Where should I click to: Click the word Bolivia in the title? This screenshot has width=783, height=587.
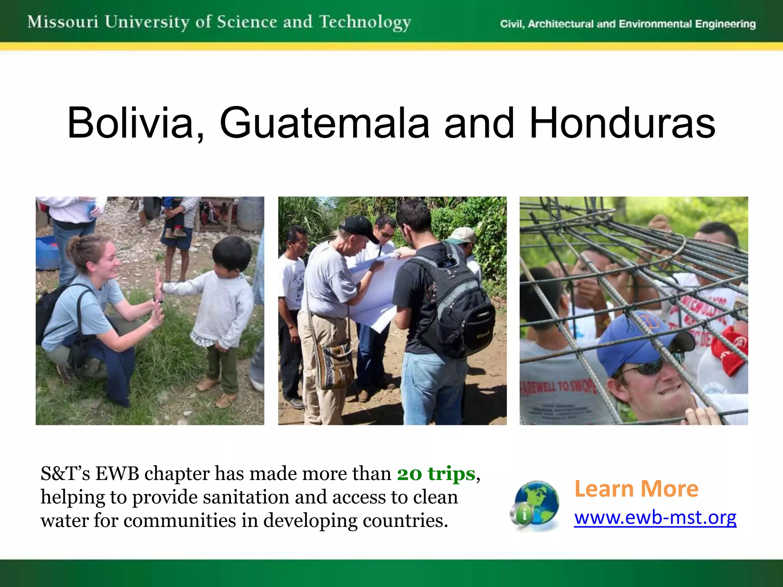pyautogui.click(x=130, y=123)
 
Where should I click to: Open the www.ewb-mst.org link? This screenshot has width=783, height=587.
pyautogui.click(x=655, y=518)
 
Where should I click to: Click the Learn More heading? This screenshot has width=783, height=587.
pyautogui.click(x=636, y=489)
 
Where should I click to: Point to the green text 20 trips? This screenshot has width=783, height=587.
pyautogui.click(x=436, y=474)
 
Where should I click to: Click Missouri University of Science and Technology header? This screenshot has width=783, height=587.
pyautogui.click(x=219, y=22)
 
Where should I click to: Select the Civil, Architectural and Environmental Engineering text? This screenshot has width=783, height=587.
pyautogui.click(x=628, y=24)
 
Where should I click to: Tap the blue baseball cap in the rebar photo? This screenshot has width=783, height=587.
pyautogui.click(x=635, y=340)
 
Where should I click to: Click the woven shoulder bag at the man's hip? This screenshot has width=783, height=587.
pyautogui.click(x=336, y=363)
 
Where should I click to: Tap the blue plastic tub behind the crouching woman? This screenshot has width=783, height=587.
pyautogui.click(x=47, y=252)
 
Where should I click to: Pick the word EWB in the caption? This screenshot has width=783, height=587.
pyautogui.click(x=117, y=474)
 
